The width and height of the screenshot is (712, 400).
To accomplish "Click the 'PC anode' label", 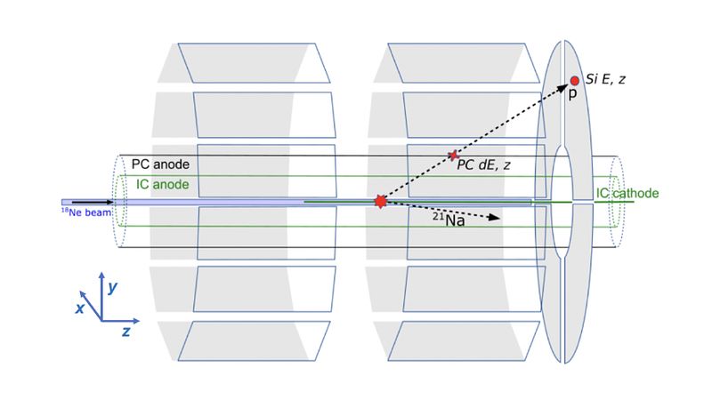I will pos(160,164).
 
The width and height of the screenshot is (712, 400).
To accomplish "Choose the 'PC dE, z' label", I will pos(484,164).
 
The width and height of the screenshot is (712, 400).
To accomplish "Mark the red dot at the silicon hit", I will pos(574,81).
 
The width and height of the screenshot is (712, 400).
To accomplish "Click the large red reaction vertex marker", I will pos(381,202).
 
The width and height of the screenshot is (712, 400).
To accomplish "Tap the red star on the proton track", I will pos(453,155).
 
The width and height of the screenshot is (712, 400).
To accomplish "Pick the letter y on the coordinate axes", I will pos(112,288).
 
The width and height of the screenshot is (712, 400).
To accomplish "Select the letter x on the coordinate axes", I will pos(80,308).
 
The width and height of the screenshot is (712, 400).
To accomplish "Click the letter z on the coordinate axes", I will pos(127,331).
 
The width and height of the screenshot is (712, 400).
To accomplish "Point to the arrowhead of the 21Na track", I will pos(496,217).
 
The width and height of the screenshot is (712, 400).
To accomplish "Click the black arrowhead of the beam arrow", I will pos(97,203).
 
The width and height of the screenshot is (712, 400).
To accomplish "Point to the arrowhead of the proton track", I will pos(566,85).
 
